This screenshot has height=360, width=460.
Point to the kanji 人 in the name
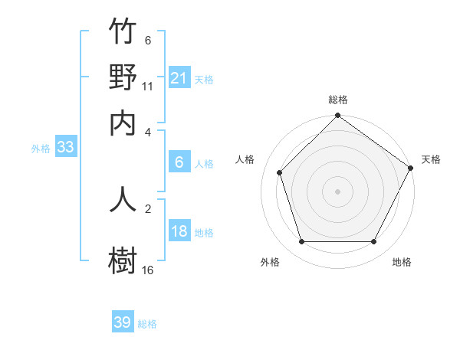123,198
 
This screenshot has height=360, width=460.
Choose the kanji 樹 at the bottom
123,259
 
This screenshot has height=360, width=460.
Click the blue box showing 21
179,78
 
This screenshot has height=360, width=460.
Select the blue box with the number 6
179,162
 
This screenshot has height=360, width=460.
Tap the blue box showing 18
179,232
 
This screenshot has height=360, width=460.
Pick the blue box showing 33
65,148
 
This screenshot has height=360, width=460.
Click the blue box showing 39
123,322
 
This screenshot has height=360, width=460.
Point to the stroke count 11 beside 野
148,87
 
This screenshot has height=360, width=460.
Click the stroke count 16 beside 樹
148,270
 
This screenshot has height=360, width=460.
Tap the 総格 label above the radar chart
337,100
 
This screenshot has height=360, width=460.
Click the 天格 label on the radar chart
431,159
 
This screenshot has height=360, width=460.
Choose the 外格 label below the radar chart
270,262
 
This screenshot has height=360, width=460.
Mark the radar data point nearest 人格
280,172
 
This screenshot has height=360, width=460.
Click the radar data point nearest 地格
374,242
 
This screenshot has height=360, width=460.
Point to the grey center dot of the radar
337,191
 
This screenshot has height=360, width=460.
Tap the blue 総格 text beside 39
147,324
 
